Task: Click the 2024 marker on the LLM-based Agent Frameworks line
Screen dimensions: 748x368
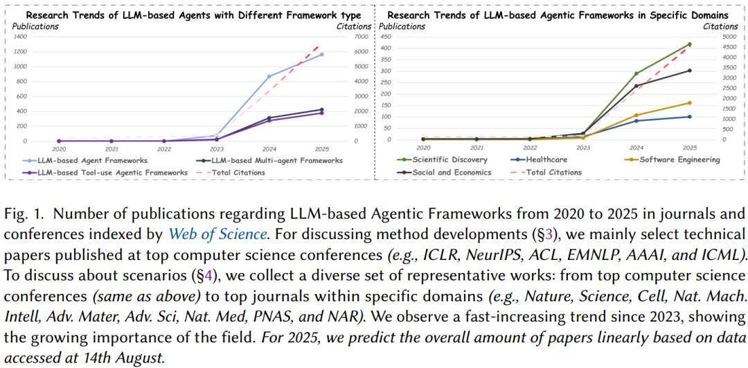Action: pos(269,76)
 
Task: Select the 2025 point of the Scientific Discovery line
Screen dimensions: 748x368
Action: pos(689,44)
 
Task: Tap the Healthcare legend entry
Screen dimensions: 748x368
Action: pos(539,160)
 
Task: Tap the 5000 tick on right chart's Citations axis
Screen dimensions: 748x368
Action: pos(724,37)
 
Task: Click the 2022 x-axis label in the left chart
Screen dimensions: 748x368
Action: pos(163,148)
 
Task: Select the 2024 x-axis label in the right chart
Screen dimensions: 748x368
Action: pos(636,148)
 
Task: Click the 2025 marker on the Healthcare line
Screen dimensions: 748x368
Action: pos(689,116)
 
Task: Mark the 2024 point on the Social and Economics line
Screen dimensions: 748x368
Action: pos(636,86)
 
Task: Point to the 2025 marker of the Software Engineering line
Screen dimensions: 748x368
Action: pos(689,103)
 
